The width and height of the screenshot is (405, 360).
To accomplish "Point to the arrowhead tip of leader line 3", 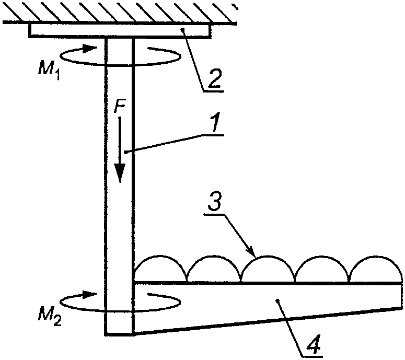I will [255, 257].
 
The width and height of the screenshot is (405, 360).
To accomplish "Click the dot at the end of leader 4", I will [278, 300].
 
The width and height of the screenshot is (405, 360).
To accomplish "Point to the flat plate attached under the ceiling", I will [120, 31].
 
